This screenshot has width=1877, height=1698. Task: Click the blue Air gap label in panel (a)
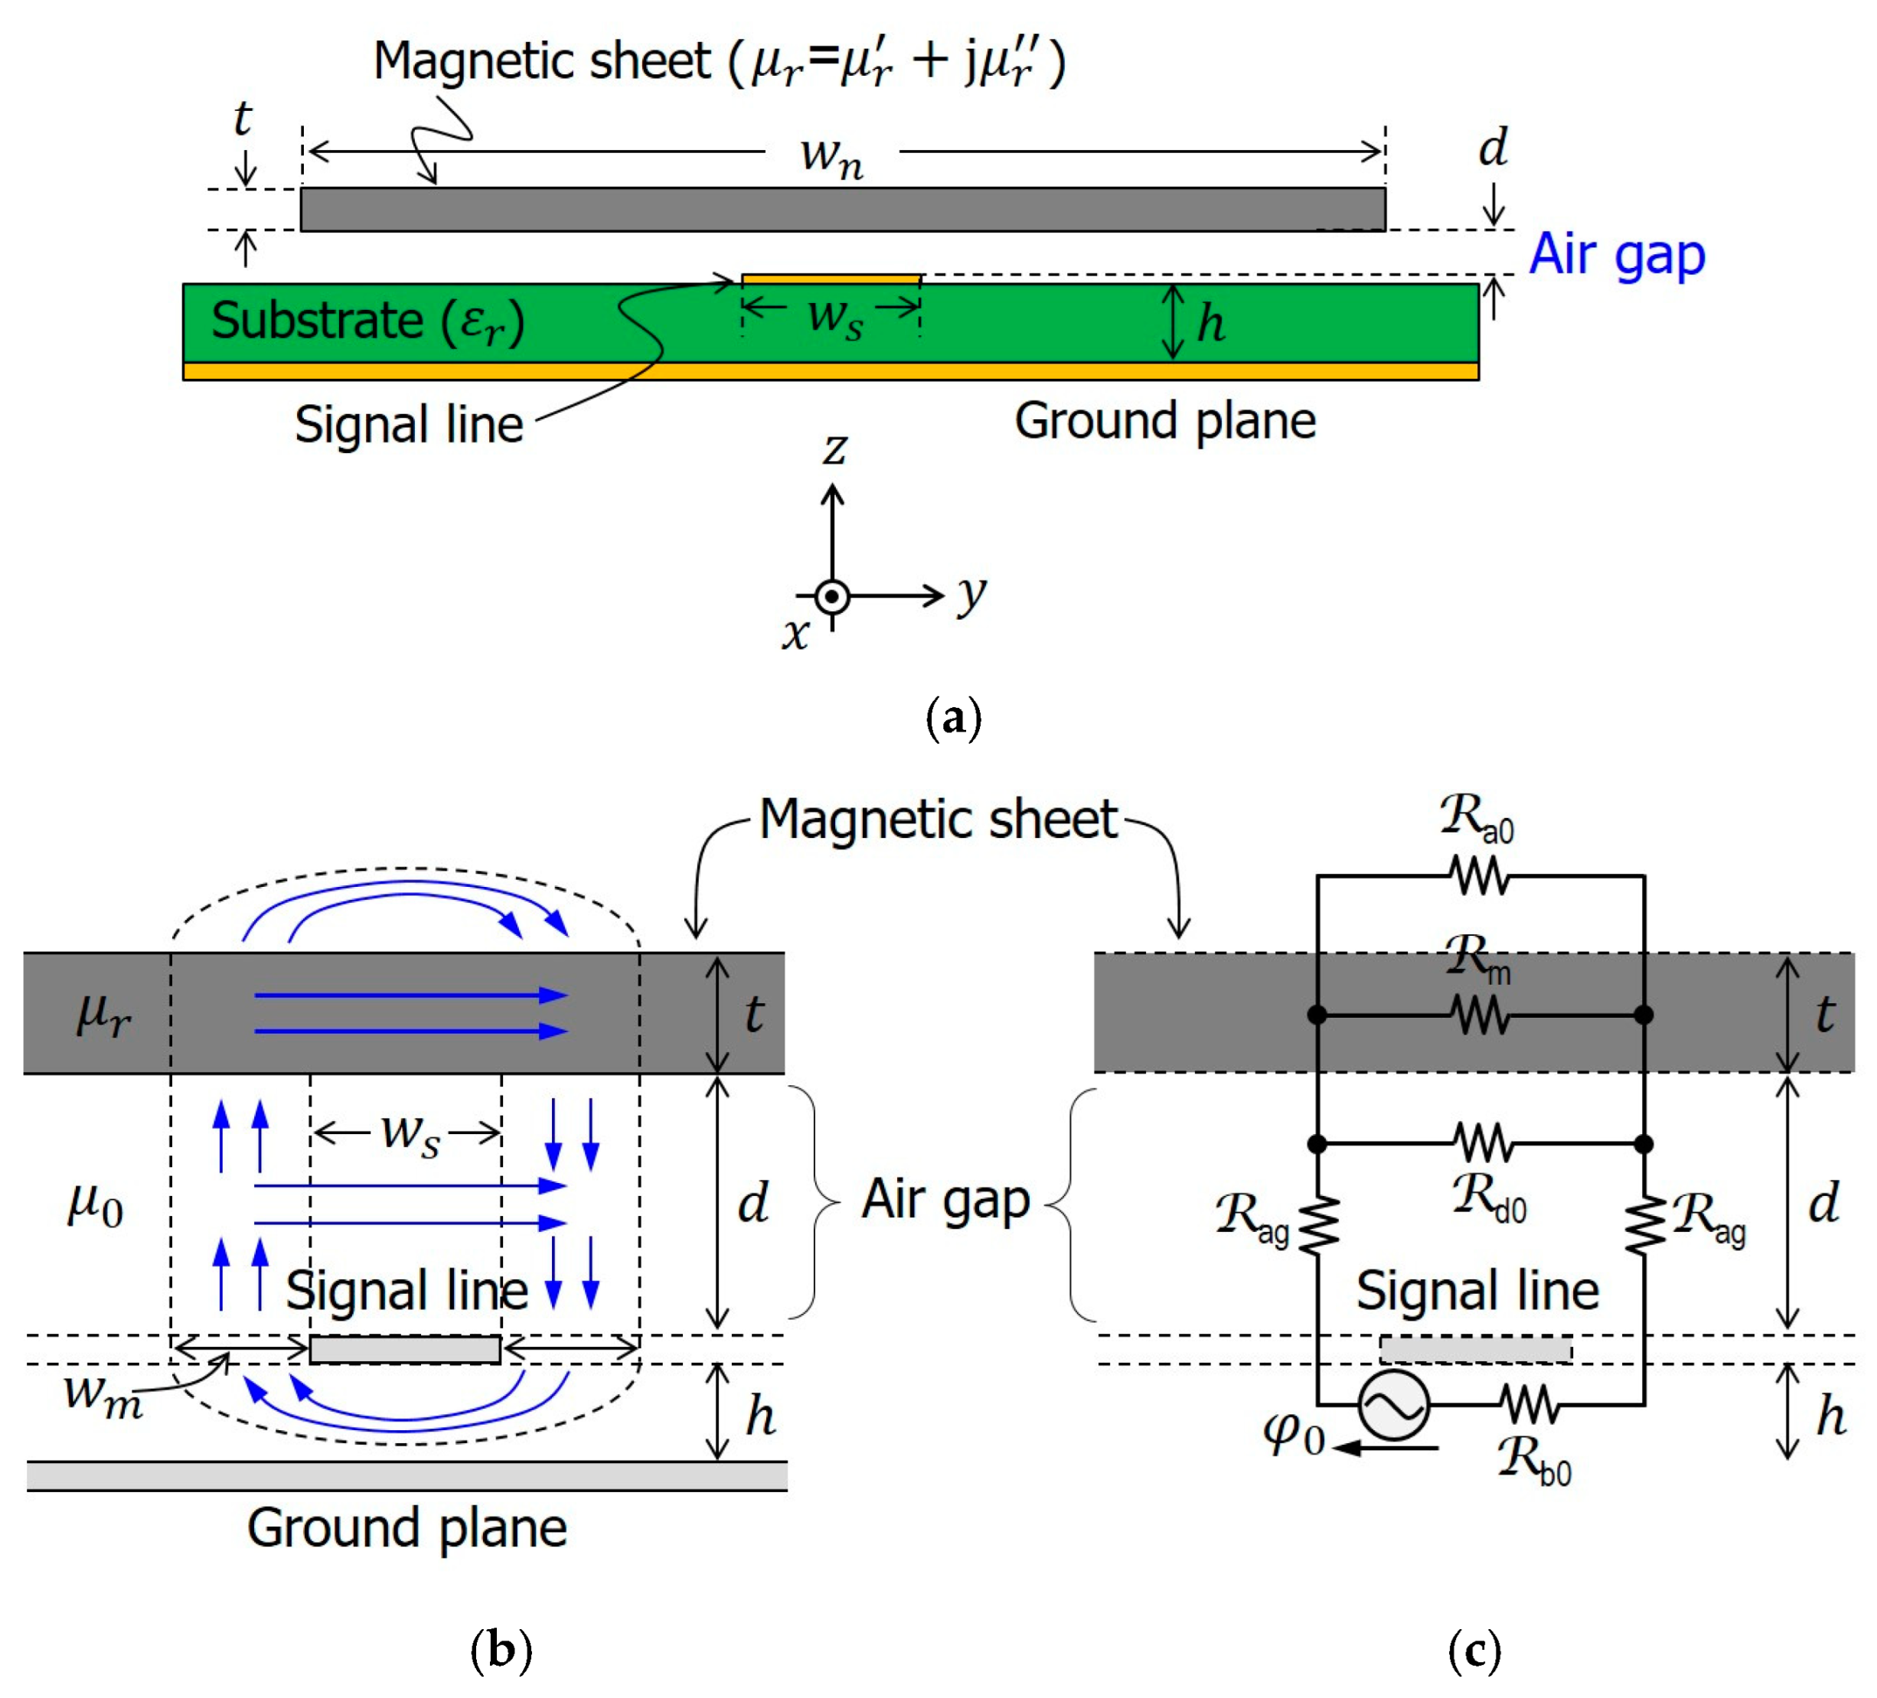click(1616, 254)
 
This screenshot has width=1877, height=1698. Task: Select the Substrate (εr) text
click(367, 321)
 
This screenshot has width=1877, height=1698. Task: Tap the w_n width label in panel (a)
click(831, 155)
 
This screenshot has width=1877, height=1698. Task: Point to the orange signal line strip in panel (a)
click(831, 279)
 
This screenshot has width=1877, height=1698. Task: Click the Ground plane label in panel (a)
click(1165, 421)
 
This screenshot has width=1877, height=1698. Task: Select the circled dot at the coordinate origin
click(832, 596)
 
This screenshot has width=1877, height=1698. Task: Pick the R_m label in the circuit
click(1477, 959)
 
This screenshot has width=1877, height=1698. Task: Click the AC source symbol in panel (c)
click(1394, 1405)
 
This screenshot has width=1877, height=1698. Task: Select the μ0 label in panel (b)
click(95, 1205)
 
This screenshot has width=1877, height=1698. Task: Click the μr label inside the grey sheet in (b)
click(103, 1014)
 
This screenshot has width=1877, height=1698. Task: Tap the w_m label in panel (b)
click(103, 1397)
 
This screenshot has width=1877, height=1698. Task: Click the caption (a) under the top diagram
click(953, 719)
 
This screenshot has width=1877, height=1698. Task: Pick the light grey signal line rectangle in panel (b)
click(405, 1349)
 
